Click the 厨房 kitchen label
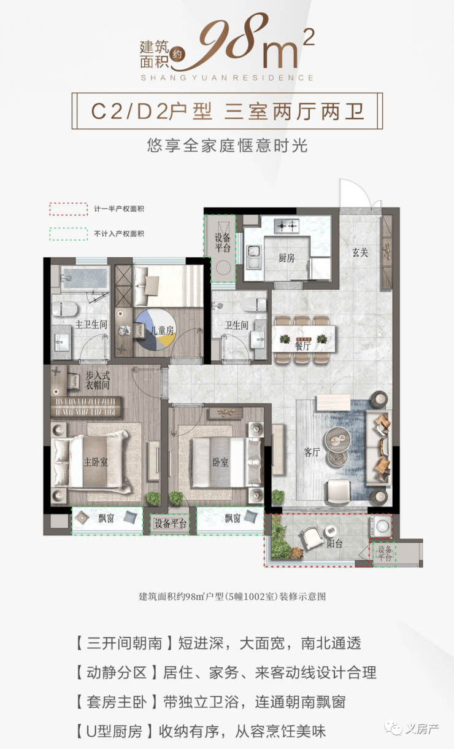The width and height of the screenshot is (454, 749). point(287,258)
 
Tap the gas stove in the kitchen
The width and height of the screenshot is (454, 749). point(287,227)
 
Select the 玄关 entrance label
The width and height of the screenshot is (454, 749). point(360,252)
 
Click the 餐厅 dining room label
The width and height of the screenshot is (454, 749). point(302,346)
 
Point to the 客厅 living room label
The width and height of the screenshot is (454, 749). point(312,452)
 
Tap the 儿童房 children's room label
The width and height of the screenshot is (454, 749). point(162,331)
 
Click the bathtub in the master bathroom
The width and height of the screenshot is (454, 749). point(85,277)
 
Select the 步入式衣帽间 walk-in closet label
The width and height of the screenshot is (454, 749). point(97,380)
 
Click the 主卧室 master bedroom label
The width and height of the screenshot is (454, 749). point(96,462)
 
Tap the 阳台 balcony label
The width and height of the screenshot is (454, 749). point(334,544)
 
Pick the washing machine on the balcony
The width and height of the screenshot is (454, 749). point(381,526)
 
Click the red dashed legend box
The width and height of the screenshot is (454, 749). point(69,209)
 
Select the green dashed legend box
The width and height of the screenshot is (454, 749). point(69,234)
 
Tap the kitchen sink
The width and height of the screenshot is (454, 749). point(253,257)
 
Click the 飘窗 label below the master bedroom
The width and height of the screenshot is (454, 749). point(106,518)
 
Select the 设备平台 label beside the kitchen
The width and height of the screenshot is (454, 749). point(222,243)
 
